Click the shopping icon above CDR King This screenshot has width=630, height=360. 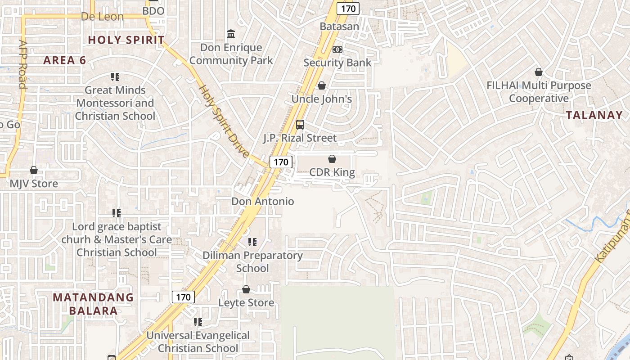click(x=332, y=159)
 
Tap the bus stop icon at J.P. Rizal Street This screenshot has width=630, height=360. click(x=300, y=125)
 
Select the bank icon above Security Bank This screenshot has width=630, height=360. click(x=337, y=49)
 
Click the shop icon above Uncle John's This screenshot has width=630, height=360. click(x=322, y=85)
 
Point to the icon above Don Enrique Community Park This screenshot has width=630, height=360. click(x=231, y=34)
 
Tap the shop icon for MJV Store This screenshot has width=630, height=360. click(x=34, y=170)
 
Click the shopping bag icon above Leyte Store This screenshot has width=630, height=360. click(x=246, y=289)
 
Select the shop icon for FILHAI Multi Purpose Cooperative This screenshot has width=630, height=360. click(x=539, y=72)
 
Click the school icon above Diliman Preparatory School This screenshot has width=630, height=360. click(x=252, y=242)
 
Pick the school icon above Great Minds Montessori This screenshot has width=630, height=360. click(x=115, y=77)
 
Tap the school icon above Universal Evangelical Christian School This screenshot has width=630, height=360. click(x=198, y=322)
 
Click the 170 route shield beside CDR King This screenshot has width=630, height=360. click(x=281, y=162)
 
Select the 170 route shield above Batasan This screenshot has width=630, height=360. click(x=348, y=9)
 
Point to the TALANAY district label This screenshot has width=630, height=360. click(x=594, y=115)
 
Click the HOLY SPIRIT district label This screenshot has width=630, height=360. click(x=126, y=40)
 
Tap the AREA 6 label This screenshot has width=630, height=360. click(x=64, y=60)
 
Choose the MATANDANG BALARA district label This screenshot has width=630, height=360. click(x=93, y=304)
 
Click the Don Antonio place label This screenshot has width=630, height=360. click(x=262, y=201)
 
